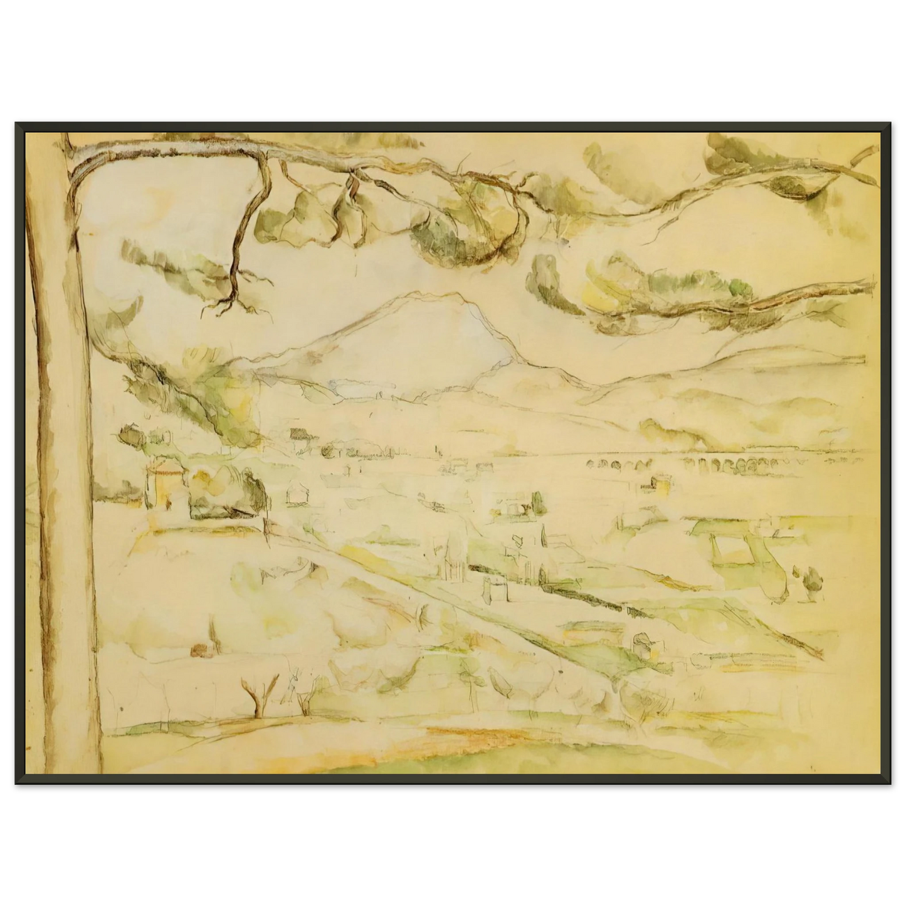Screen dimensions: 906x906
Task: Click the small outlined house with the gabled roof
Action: pyautogui.click(x=297, y=495)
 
